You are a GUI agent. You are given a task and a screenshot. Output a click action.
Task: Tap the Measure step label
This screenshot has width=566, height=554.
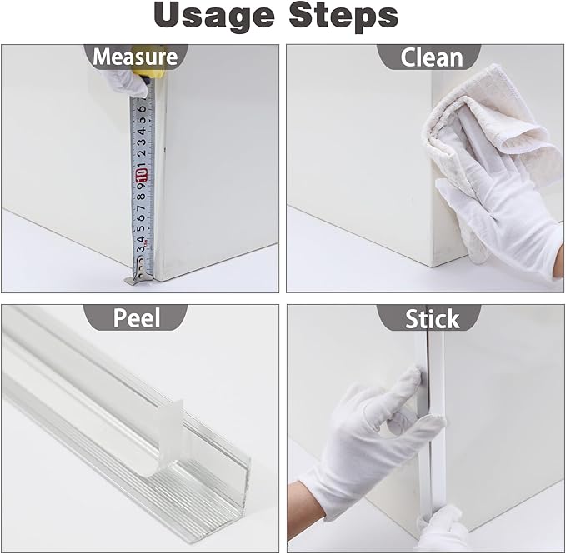[x=135, y=57]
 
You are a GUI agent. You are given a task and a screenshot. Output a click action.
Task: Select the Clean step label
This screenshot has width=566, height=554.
[x=431, y=57]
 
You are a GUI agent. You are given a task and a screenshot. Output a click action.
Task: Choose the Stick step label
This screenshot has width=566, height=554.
[x=432, y=318]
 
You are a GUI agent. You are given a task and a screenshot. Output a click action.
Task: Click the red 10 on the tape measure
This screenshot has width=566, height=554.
[x=141, y=175]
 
